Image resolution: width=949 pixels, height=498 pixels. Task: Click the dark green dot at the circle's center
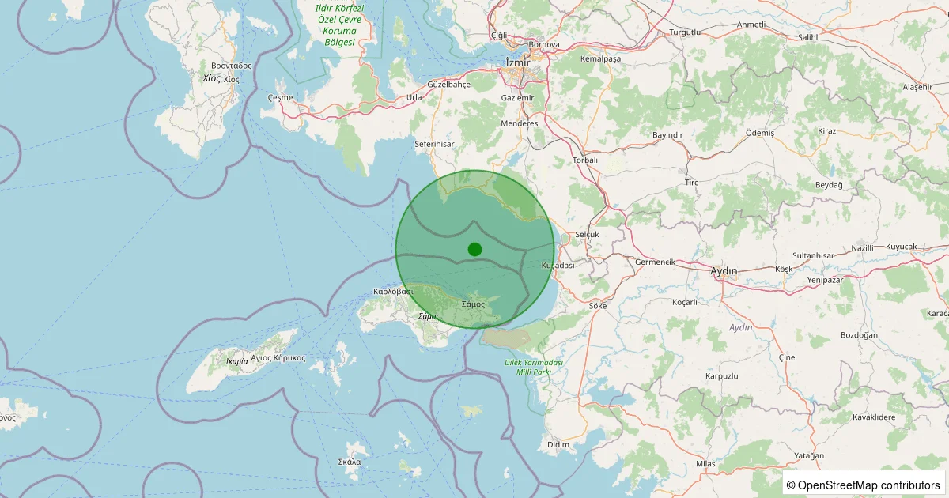475,249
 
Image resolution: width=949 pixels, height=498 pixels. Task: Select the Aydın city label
724,271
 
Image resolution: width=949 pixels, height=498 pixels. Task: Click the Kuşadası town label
558,266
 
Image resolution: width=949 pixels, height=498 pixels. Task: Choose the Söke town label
597,305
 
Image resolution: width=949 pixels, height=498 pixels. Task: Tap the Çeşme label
280,98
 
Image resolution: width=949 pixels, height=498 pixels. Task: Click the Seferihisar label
435,145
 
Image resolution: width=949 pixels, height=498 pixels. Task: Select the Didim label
558,445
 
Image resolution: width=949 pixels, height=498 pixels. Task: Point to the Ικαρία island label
236,362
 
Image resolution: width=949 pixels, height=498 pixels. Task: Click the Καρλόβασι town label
393,291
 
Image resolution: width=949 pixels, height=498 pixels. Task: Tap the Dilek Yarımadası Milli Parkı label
533,367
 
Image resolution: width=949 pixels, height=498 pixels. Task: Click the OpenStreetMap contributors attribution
863,485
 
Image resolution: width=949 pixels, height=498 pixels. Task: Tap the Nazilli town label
863,247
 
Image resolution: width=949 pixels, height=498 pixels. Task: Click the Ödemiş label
760,133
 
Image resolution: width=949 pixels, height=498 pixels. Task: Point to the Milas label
705,463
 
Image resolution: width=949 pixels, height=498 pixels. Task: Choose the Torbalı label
584,160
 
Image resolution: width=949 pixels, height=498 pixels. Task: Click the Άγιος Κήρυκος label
278,358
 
